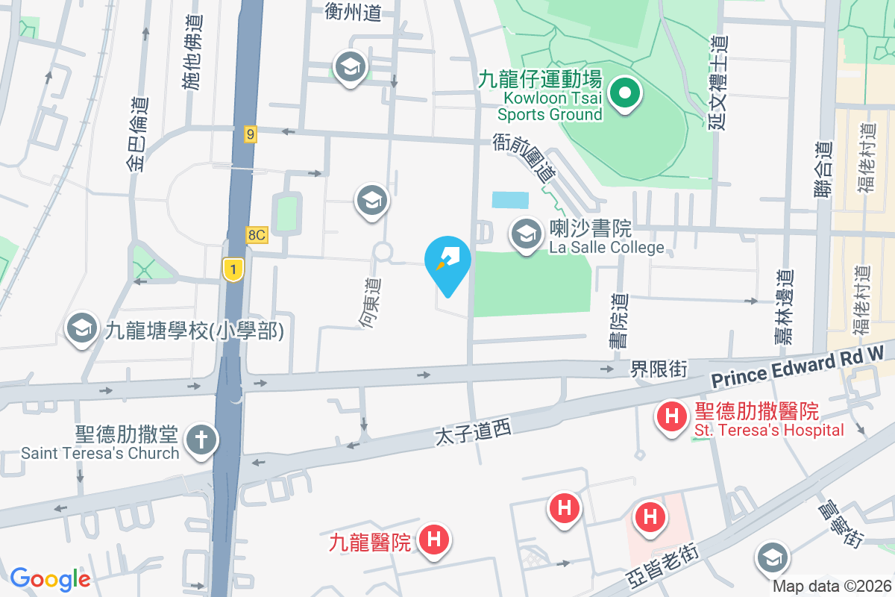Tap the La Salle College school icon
(x=527, y=234)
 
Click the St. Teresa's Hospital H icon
(x=671, y=415)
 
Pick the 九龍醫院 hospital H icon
(x=433, y=540)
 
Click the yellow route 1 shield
(x=233, y=269)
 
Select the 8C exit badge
(x=256, y=235)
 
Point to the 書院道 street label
(x=618, y=320)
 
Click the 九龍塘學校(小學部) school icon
(x=81, y=329)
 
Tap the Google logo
(x=50, y=578)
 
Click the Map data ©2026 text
(x=831, y=587)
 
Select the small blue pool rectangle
(x=510, y=199)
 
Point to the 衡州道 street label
(x=354, y=12)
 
